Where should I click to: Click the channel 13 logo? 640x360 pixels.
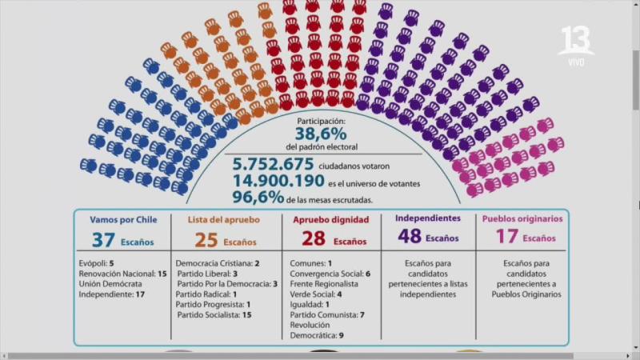click(576, 42)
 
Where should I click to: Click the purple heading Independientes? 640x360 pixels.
click(429, 218)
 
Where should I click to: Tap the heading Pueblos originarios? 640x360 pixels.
click(518, 218)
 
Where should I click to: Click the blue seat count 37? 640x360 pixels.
click(103, 240)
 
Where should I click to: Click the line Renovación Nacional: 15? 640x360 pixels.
click(122, 274)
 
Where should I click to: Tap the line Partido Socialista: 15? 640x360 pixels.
click(214, 315)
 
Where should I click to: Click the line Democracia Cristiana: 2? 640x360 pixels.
click(217, 263)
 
